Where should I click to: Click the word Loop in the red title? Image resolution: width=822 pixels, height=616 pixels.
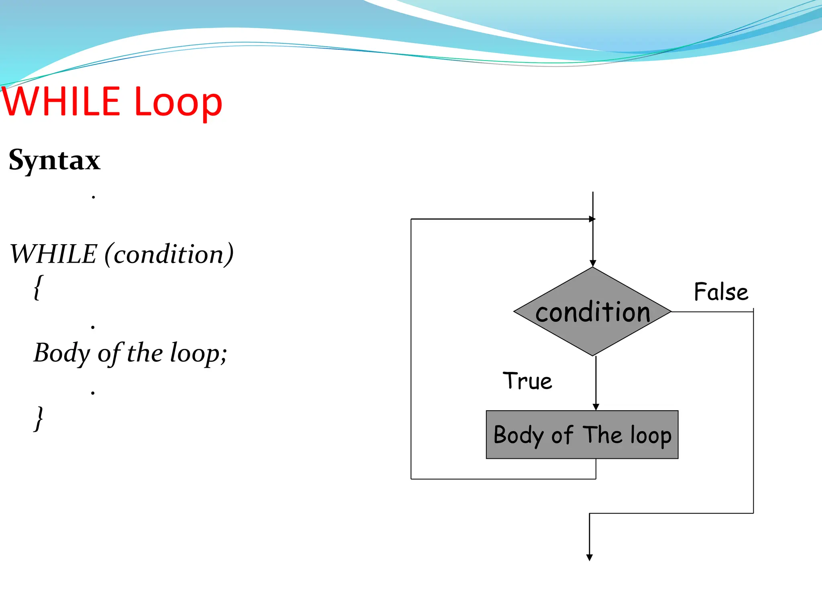click(x=178, y=103)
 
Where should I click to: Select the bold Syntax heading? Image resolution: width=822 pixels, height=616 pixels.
click(x=54, y=160)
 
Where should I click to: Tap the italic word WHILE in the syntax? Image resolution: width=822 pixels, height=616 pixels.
click(x=53, y=254)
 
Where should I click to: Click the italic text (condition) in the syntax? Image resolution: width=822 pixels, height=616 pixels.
click(x=169, y=254)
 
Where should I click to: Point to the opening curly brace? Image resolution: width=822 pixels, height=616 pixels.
click(x=38, y=287)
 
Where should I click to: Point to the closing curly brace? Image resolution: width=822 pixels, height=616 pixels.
click(x=39, y=419)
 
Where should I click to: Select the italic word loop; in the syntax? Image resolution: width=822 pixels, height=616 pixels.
click(x=199, y=353)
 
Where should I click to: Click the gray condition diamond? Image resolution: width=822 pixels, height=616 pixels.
click(x=592, y=312)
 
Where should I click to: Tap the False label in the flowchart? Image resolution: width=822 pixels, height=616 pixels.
click(x=721, y=292)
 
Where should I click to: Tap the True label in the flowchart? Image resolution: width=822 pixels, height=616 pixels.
click(x=527, y=381)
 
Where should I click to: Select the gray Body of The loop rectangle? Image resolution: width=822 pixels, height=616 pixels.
click(x=582, y=435)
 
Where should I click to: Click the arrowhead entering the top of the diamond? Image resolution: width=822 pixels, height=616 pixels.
click(x=593, y=263)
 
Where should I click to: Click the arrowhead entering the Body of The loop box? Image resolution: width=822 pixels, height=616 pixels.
click(x=596, y=407)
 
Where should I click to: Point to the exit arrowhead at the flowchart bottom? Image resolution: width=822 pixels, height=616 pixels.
click(x=589, y=557)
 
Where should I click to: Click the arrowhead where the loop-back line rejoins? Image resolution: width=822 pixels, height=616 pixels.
click(x=592, y=219)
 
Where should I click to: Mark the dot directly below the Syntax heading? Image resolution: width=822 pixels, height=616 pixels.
click(x=93, y=197)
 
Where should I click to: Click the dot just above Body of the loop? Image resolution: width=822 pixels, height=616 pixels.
click(x=93, y=327)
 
